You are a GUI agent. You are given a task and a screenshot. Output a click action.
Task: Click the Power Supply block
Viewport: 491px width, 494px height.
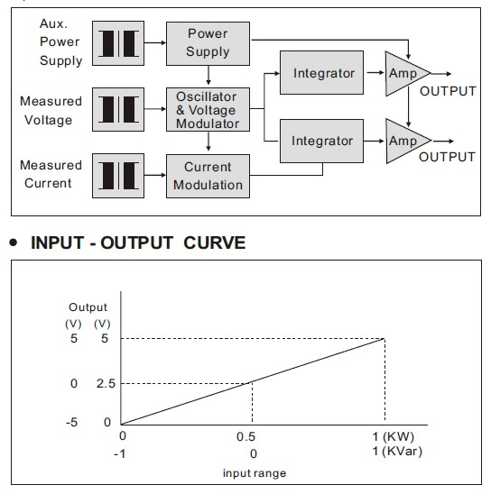[x=208, y=43]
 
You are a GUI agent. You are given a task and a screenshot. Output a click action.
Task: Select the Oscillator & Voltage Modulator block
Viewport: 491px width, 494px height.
[x=208, y=109]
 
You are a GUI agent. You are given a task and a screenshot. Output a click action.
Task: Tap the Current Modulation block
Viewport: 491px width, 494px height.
[x=208, y=176]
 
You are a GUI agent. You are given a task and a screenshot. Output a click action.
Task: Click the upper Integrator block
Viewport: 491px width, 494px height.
[x=321, y=72]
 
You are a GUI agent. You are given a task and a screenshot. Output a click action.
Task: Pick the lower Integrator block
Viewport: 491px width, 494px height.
[x=321, y=141]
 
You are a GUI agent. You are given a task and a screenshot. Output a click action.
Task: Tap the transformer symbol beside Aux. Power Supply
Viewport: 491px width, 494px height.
[x=118, y=43]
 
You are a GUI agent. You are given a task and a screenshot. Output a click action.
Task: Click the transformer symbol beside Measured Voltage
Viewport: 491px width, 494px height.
[x=118, y=109]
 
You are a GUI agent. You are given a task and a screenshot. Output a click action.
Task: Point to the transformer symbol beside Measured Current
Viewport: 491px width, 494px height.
[x=118, y=176]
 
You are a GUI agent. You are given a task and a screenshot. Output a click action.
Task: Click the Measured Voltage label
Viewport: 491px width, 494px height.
[x=51, y=111]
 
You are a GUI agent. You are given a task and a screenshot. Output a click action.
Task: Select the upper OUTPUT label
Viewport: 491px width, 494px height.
[x=448, y=91]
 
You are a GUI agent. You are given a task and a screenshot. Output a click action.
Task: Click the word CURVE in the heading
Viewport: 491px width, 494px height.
[x=215, y=242]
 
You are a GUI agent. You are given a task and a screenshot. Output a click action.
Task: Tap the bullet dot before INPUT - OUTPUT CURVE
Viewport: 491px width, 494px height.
[x=14, y=242]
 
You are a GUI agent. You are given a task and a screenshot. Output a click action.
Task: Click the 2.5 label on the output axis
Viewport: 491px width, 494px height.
[x=106, y=383]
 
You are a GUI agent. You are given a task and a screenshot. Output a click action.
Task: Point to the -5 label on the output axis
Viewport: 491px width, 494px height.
[x=71, y=422]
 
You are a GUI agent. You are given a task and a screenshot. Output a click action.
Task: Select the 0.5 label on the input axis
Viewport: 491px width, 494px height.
[x=245, y=436]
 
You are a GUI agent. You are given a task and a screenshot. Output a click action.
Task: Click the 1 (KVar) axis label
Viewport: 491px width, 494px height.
[x=397, y=451]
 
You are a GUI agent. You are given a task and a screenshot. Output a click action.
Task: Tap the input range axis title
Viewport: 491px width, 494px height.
[x=255, y=473]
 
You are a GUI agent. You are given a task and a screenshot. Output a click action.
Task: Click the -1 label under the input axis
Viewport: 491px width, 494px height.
[x=119, y=454]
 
